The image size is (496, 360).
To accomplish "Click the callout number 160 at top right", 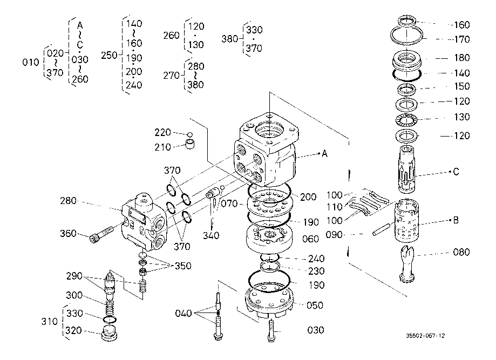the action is coord(462,25).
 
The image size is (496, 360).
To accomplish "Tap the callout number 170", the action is coord(462,39).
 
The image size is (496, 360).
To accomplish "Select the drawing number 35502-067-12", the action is coord(425,336).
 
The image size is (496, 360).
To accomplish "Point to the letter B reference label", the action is coord(456,220).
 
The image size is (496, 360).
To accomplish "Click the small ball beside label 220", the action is coord(189,134).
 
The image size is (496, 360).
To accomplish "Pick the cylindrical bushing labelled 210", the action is coord(190,144).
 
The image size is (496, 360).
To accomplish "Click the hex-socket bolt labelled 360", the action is coord(101,234).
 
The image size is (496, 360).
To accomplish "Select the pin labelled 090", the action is coord(382,229).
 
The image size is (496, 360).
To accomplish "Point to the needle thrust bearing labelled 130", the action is coord(406,120).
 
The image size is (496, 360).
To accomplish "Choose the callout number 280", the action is coord(69,201).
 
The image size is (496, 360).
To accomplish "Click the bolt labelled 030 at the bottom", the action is coord(271,330).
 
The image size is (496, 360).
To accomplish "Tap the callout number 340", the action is coord(211,235).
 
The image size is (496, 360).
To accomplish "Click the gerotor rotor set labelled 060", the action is coord(269,237).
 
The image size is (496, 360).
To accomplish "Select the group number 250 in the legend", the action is coord(109,56).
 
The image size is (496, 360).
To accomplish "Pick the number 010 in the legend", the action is coord(31,62).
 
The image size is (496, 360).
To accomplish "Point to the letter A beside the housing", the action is coord(324,154).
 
